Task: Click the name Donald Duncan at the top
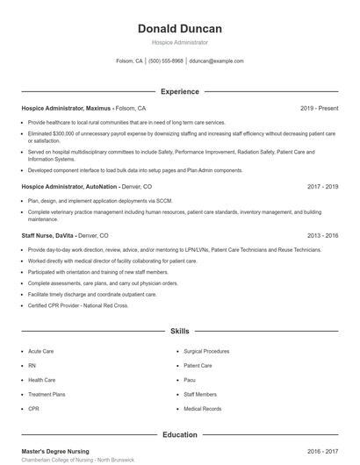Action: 179,29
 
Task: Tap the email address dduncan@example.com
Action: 216,61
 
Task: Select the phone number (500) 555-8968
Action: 166,61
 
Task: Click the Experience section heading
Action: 179,91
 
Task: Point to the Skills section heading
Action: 179,332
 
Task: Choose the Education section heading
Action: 179,434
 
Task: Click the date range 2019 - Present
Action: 319,108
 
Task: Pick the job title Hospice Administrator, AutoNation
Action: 68,187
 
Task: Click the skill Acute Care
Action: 40,351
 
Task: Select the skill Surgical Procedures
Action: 205,351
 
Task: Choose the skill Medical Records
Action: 202,409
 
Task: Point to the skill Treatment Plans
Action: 47,395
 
